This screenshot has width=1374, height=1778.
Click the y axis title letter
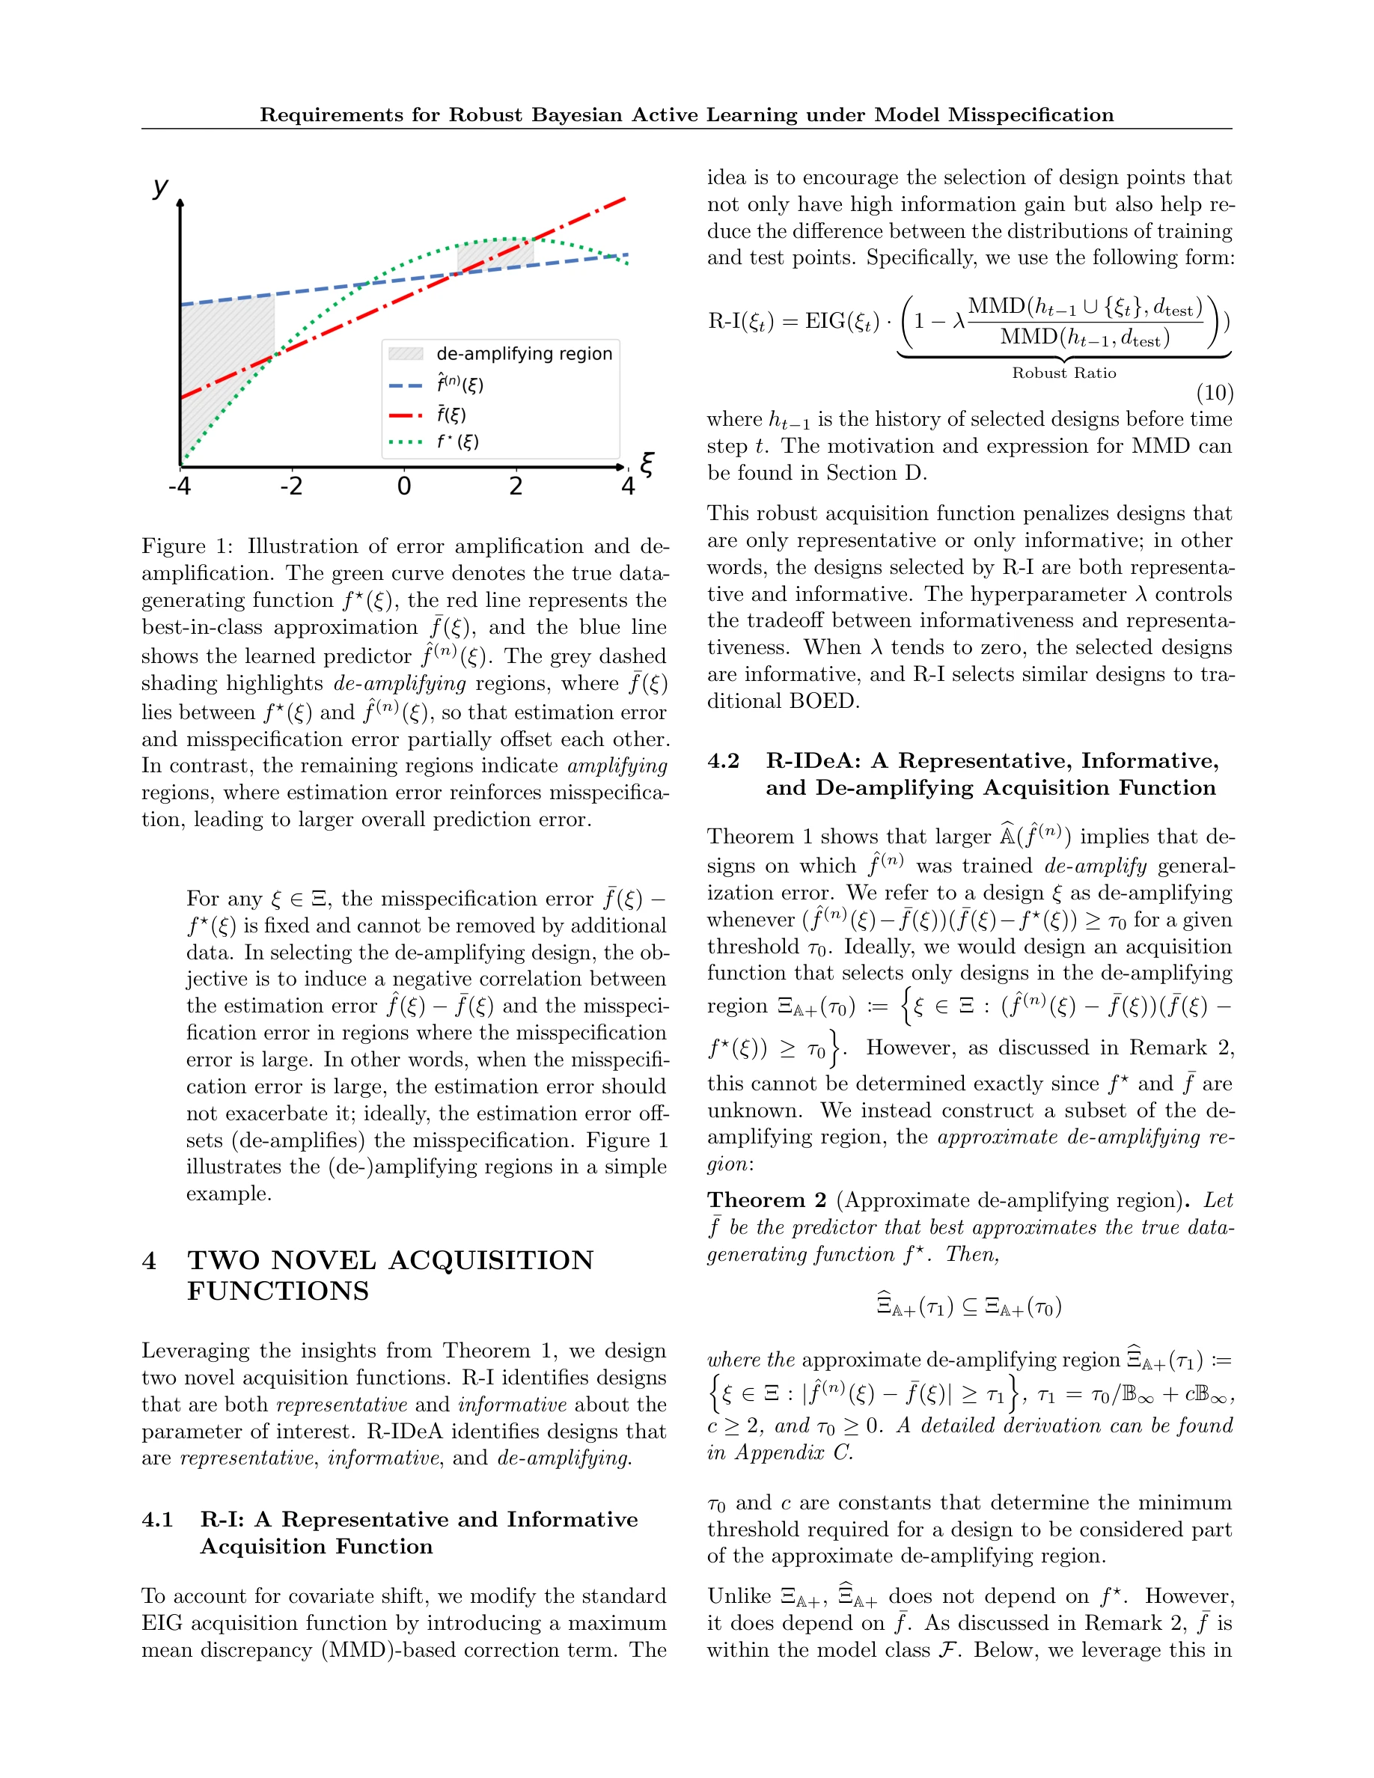point(160,187)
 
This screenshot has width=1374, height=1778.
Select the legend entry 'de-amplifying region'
point(524,353)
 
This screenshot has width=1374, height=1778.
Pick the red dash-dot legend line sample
point(406,415)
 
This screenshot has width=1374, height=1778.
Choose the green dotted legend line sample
point(406,442)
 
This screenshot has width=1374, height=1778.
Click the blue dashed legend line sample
point(406,385)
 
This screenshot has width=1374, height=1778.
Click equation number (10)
point(1215,393)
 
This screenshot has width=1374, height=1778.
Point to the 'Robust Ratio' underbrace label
point(1064,373)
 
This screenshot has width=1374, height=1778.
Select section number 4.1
point(157,1519)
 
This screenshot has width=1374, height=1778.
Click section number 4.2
point(723,760)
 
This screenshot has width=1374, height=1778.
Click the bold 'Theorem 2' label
point(766,1200)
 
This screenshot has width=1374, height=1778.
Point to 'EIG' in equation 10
point(825,321)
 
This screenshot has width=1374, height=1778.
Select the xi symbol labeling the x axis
point(647,464)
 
